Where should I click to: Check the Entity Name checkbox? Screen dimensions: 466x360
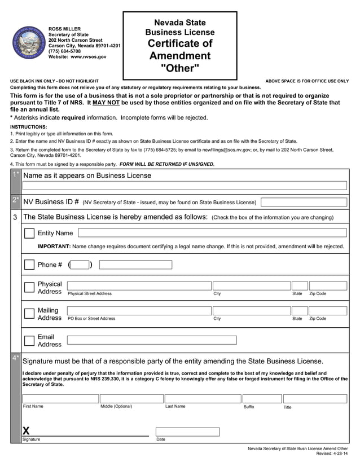[x=29, y=233]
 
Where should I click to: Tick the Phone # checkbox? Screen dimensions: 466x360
[x=29, y=265]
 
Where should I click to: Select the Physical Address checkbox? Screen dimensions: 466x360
[x=29, y=287]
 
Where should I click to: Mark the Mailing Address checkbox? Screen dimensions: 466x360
[x=29, y=314]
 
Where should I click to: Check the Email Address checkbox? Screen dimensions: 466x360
[x=29, y=340]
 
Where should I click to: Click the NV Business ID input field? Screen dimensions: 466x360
[x=304, y=202]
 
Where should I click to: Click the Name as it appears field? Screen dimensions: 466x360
[x=185, y=186]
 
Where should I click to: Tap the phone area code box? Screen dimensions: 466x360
[x=80, y=265]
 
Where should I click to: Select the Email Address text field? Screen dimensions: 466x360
[x=152, y=340]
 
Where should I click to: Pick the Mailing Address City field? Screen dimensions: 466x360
[x=251, y=311]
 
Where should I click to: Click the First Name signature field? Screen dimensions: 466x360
[x=60, y=398]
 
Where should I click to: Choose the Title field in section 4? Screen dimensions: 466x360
[x=315, y=398]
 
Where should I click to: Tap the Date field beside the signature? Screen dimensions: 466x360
[x=188, y=432]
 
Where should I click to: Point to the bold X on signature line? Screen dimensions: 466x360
[x=26, y=430]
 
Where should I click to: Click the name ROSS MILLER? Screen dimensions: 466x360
[x=64, y=29]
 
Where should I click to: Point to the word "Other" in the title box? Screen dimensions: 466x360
[x=179, y=69]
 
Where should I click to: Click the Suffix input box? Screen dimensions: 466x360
[x=262, y=398]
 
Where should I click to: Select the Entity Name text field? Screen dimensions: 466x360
[x=212, y=233]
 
